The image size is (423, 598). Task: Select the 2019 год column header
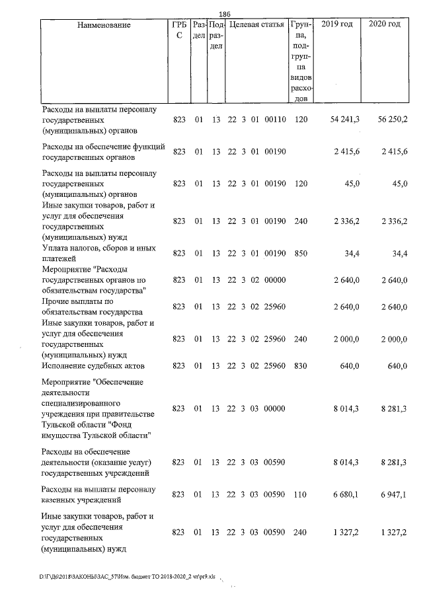pos(336,24)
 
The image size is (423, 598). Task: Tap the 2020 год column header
pos(385,24)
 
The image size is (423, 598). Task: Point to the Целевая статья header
pos(256,24)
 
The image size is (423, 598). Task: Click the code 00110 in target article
pos(274,118)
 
